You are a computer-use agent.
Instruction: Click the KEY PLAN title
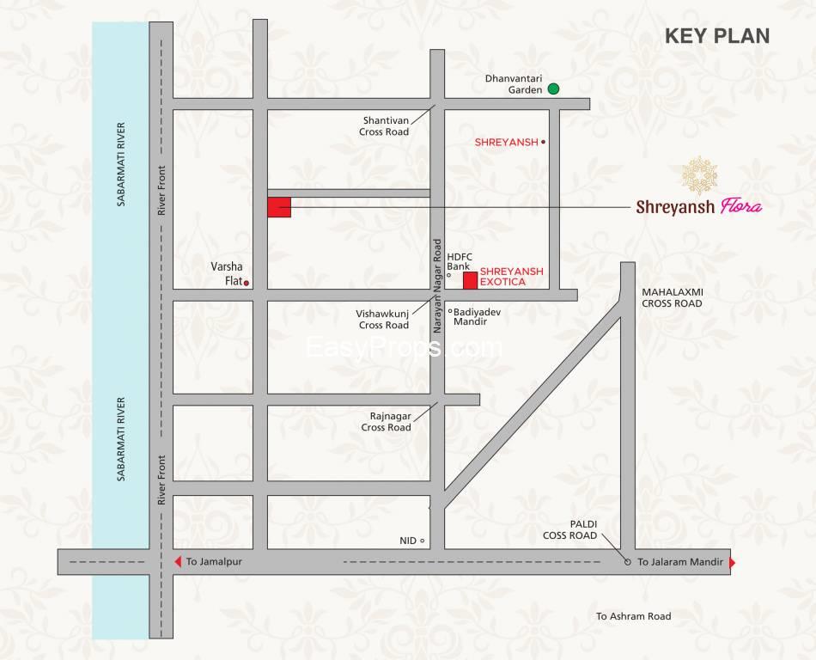[717, 36]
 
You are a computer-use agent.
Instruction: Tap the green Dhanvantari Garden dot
[554, 89]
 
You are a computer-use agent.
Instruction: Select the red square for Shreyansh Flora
[279, 207]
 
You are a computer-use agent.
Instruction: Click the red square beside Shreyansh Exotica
[470, 280]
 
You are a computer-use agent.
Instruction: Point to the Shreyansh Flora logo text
[698, 206]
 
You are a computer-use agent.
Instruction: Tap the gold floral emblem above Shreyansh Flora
[700, 175]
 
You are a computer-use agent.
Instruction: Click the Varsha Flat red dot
[247, 283]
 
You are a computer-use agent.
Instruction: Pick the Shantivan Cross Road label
[384, 126]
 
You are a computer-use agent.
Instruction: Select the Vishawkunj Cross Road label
[383, 320]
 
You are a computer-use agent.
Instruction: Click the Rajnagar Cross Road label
[386, 421]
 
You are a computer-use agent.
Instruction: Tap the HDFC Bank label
[460, 261]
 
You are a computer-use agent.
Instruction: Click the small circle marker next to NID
[423, 541]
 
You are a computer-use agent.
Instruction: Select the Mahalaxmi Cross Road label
[672, 297]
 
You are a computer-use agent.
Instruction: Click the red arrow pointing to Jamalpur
[178, 562]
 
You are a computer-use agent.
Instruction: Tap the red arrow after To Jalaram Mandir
[732, 563]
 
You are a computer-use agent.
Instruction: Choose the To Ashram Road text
[633, 616]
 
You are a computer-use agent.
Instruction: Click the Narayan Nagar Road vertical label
[437, 285]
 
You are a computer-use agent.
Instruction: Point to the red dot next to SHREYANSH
[543, 142]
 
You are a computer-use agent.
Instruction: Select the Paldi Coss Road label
[569, 529]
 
